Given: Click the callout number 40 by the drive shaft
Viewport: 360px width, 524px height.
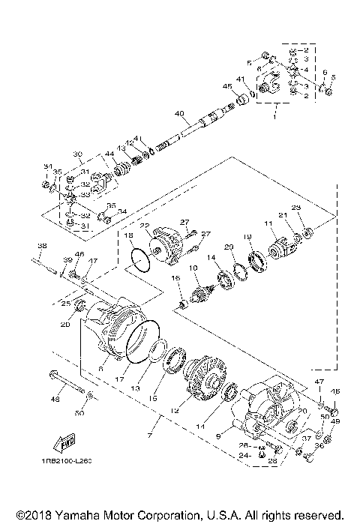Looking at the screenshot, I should click(178, 114).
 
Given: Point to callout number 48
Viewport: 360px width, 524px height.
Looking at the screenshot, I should click(54, 400).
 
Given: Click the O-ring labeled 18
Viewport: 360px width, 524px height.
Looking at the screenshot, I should click(139, 259).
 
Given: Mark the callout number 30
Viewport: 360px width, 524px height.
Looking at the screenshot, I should click(77, 154).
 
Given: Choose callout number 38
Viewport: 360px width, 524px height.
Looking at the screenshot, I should click(42, 246).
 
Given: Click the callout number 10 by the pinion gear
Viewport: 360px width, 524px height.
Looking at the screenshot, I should click(193, 268).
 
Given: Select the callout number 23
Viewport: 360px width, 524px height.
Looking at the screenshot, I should click(295, 208).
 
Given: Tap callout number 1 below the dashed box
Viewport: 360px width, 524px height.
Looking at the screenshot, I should click(274, 118).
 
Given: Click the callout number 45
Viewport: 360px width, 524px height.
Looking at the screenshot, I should click(228, 86).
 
